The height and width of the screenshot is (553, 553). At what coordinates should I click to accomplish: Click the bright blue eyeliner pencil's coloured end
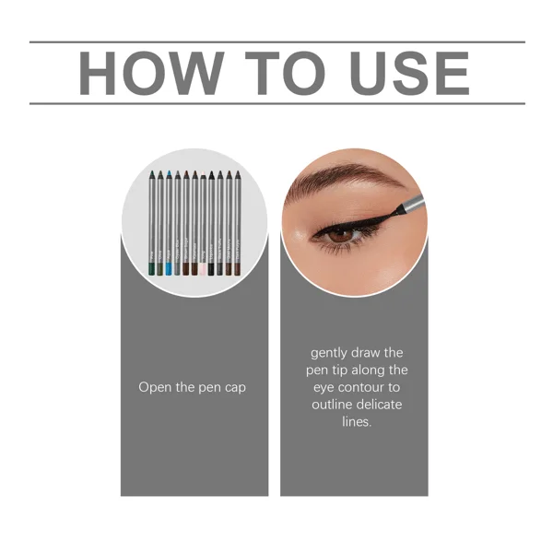pyautogui.click(x=168, y=268)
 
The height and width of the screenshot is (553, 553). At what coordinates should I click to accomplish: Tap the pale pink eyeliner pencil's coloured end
pyautogui.click(x=203, y=268)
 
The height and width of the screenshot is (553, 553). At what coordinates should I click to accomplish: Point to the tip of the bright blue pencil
pyautogui.click(x=168, y=172)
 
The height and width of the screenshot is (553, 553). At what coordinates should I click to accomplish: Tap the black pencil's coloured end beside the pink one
pyautogui.click(x=212, y=268)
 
